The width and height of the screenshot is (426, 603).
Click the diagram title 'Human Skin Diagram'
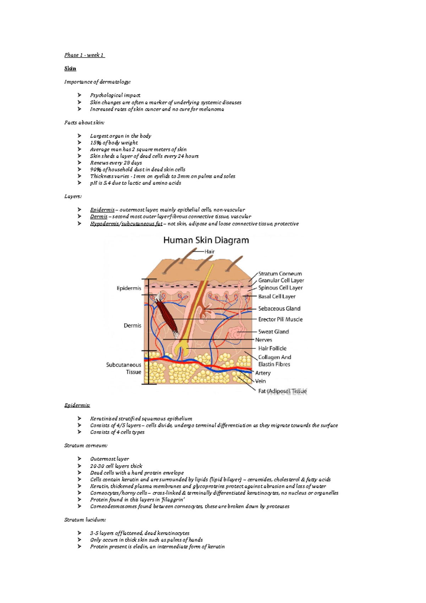click(206, 240)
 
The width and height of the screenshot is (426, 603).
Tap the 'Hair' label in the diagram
click(209, 251)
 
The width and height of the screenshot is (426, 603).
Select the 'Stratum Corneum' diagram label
click(280, 274)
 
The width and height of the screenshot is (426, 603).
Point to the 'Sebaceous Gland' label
click(279, 309)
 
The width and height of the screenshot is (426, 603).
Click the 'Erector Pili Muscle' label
click(280, 319)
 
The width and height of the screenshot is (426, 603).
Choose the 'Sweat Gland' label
click(273, 332)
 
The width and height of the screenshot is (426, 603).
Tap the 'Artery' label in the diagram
click(263, 373)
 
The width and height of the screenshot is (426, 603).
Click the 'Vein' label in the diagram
click(260, 381)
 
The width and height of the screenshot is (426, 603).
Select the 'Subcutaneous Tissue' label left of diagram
click(124, 368)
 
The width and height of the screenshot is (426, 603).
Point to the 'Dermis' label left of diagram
click(132, 326)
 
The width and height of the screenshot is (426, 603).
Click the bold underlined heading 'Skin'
click(70, 69)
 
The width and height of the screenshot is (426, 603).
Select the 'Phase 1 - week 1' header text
click(84, 55)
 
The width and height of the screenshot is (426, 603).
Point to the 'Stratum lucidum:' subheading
click(85, 520)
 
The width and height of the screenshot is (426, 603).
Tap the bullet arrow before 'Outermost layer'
click(79, 459)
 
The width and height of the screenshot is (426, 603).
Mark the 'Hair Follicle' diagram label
click(272, 348)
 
